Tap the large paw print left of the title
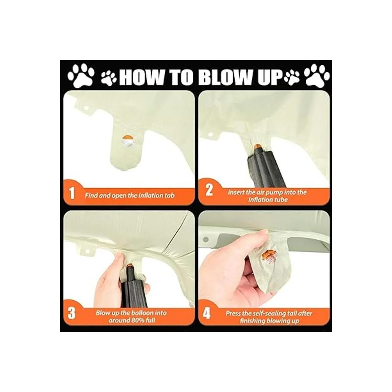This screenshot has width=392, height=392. pyautogui.click(x=81, y=76)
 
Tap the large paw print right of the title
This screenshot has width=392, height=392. pyautogui.click(x=317, y=76)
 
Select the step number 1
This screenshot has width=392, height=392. pyautogui.click(x=72, y=193)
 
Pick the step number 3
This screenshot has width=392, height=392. pyautogui.click(x=72, y=314)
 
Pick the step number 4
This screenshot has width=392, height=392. pyautogui.click(x=207, y=314)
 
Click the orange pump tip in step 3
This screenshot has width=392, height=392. pyautogui.click(x=129, y=265)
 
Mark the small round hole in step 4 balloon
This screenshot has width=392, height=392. pyautogui.click(x=206, y=239)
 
